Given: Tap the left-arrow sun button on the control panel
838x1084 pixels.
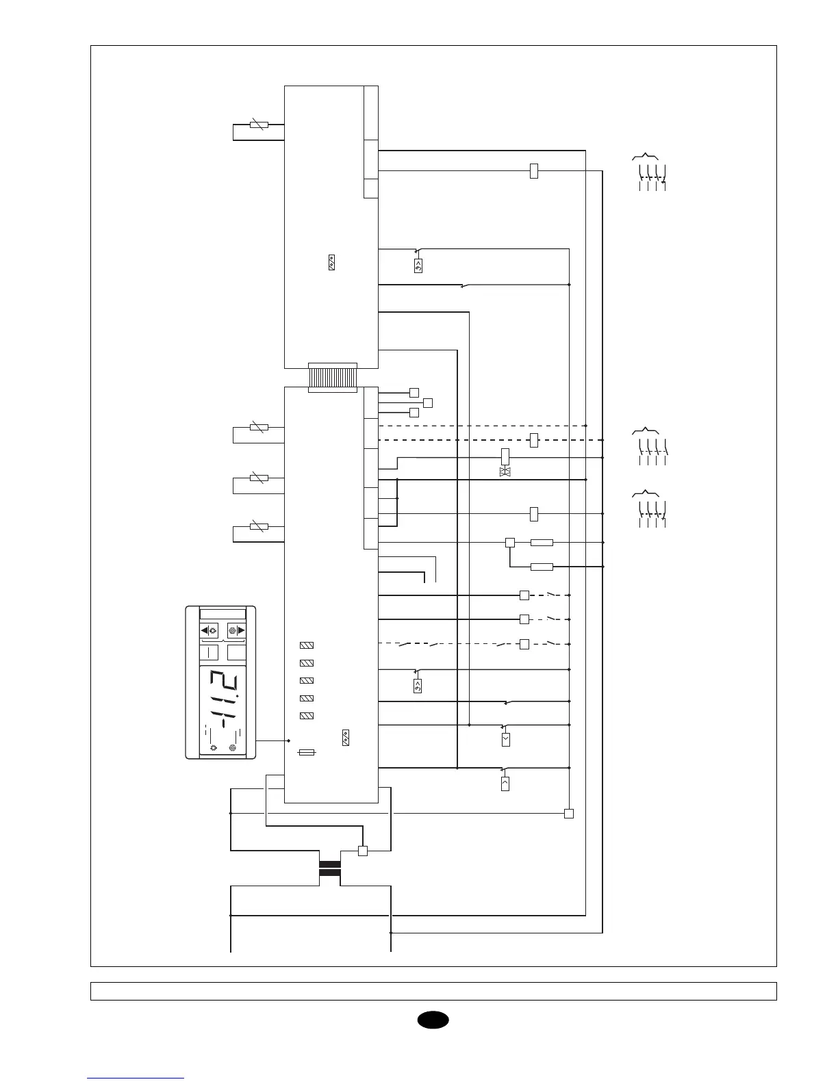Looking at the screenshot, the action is [x=208, y=631].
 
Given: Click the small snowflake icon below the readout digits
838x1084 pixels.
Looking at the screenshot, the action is [x=233, y=748].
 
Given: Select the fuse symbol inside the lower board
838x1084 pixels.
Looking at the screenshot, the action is [x=307, y=753].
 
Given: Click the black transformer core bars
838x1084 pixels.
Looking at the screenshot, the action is [x=330, y=868].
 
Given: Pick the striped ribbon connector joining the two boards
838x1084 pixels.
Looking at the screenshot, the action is [x=333, y=378].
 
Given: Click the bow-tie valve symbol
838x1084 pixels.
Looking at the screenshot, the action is [x=506, y=472].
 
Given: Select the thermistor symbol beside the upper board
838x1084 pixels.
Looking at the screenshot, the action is [x=258, y=125].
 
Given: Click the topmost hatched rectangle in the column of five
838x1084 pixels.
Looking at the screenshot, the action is [x=307, y=645].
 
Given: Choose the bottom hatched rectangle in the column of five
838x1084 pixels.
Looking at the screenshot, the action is [x=307, y=716].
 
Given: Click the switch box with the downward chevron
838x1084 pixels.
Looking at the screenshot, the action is [x=505, y=740].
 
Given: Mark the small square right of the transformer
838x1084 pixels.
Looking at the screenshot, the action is [x=363, y=851].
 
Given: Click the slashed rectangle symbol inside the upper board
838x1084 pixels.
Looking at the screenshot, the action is [x=332, y=262].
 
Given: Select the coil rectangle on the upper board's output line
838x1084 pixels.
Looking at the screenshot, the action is [x=534, y=171].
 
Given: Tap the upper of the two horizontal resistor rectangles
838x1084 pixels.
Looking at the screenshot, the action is [x=542, y=543].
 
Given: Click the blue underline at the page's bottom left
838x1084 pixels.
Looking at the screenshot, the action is [x=136, y=1078].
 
